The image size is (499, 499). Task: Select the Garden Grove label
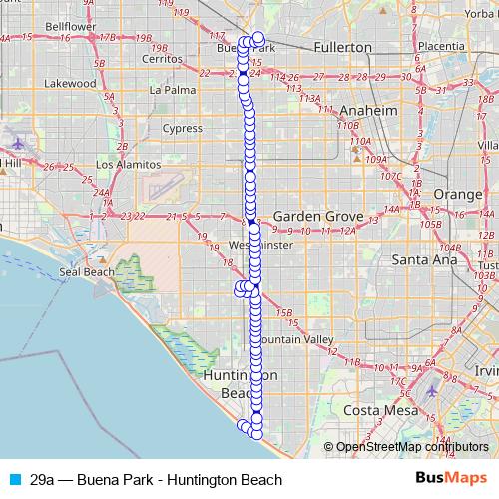(315, 216)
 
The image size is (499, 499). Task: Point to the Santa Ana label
(423, 259)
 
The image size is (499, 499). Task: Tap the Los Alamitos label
(128, 164)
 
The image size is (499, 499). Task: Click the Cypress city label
(182, 128)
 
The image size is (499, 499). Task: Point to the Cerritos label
(162, 58)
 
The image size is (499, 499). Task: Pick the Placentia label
(442, 46)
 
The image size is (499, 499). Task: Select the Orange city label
(458, 193)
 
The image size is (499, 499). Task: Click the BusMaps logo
(450, 479)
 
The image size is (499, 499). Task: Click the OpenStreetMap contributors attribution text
(411, 447)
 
